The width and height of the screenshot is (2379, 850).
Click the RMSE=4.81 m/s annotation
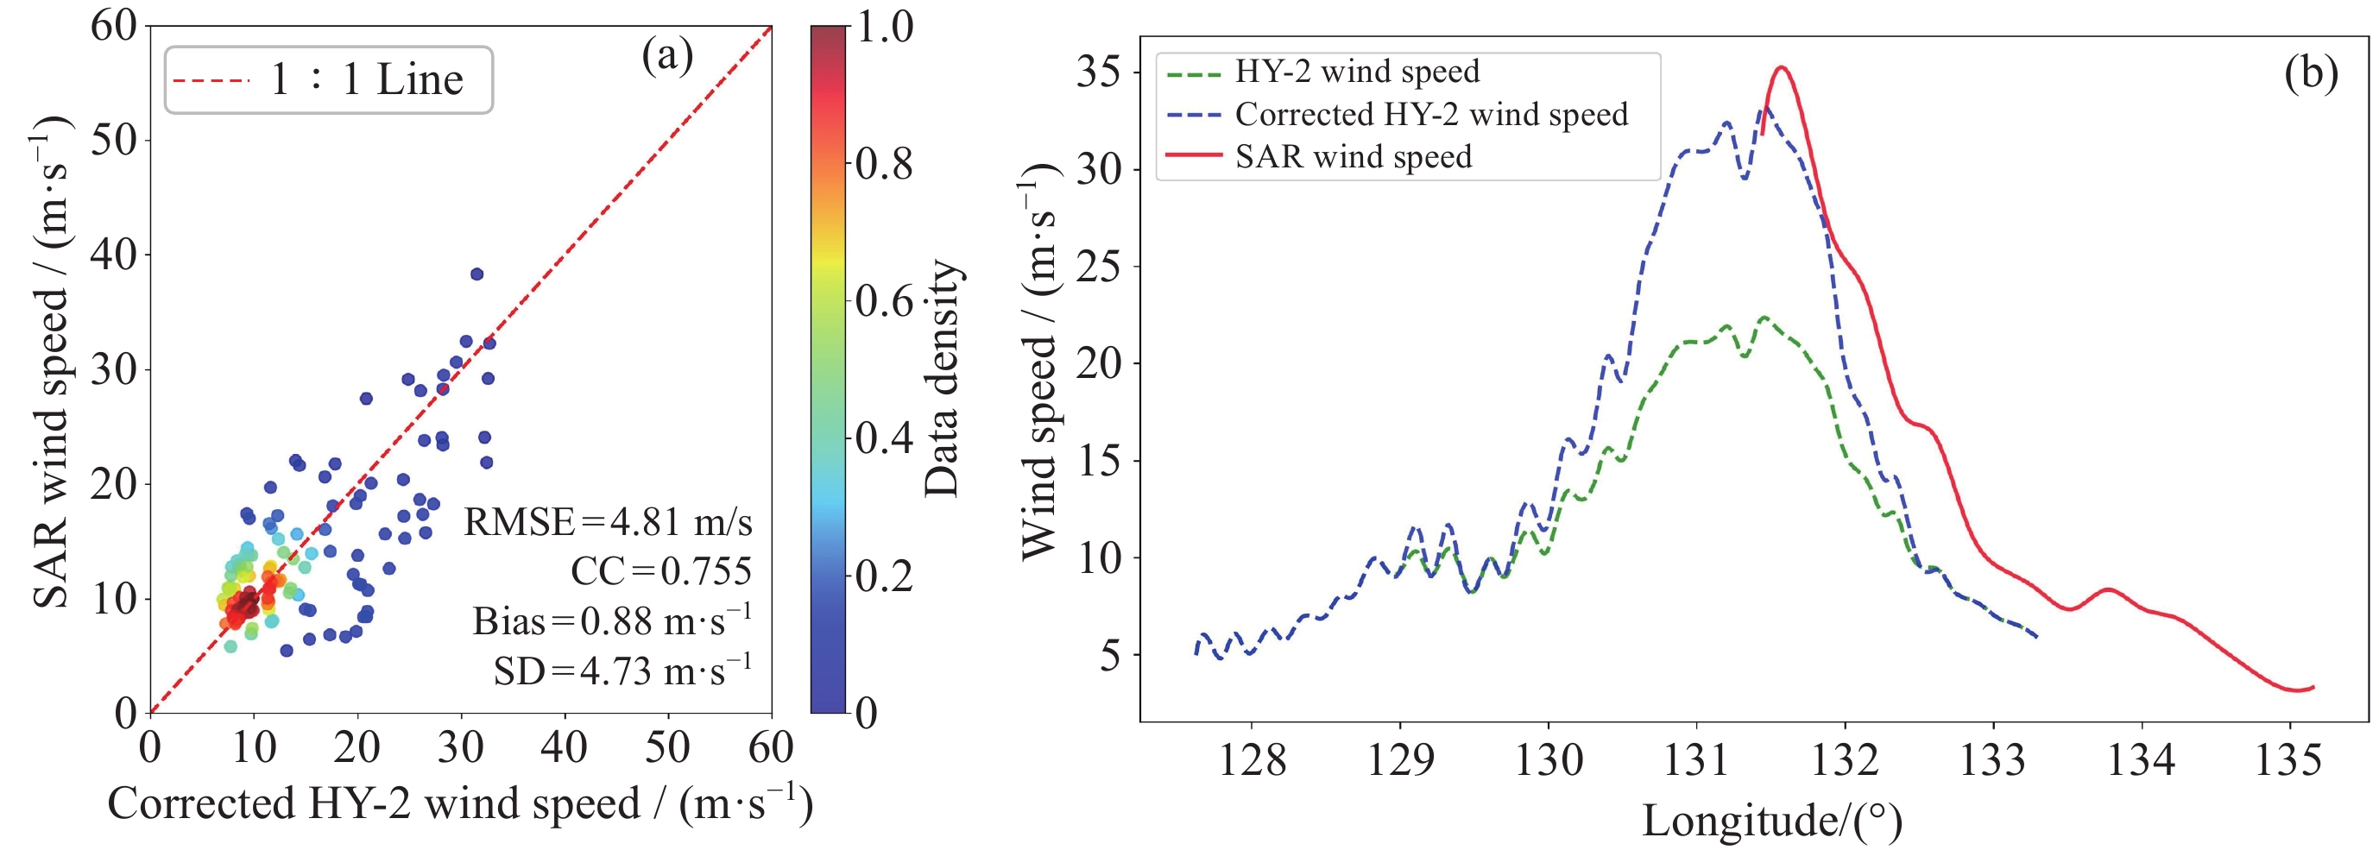(x=608, y=522)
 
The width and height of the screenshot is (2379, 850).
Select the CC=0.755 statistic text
(x=660, y=571)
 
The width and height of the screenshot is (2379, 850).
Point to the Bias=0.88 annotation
(x=611, y=621)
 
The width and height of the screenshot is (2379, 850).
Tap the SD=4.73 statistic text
(x=622, y=671)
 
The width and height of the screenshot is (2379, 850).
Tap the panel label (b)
(x=2311, y=72)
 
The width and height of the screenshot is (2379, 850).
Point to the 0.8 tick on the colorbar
(x=884, y=164)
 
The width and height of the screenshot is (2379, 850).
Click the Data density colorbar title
(x=942, y=378)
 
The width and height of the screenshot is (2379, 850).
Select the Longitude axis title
(x=1771, y=821)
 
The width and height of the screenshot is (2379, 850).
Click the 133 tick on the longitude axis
(x=1992, y=760)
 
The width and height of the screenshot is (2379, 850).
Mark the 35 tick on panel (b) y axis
(x=1099, y=72)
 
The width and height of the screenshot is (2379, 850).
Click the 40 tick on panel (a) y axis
(x=113, y=254)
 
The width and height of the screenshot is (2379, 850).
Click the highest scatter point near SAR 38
(x=476, y=274)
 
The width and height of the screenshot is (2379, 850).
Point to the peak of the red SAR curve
(x=1782, y=67)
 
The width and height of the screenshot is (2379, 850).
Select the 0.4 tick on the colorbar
(x=884, y=438)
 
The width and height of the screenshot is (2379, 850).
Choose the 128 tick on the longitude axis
(x=1252, y=760)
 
